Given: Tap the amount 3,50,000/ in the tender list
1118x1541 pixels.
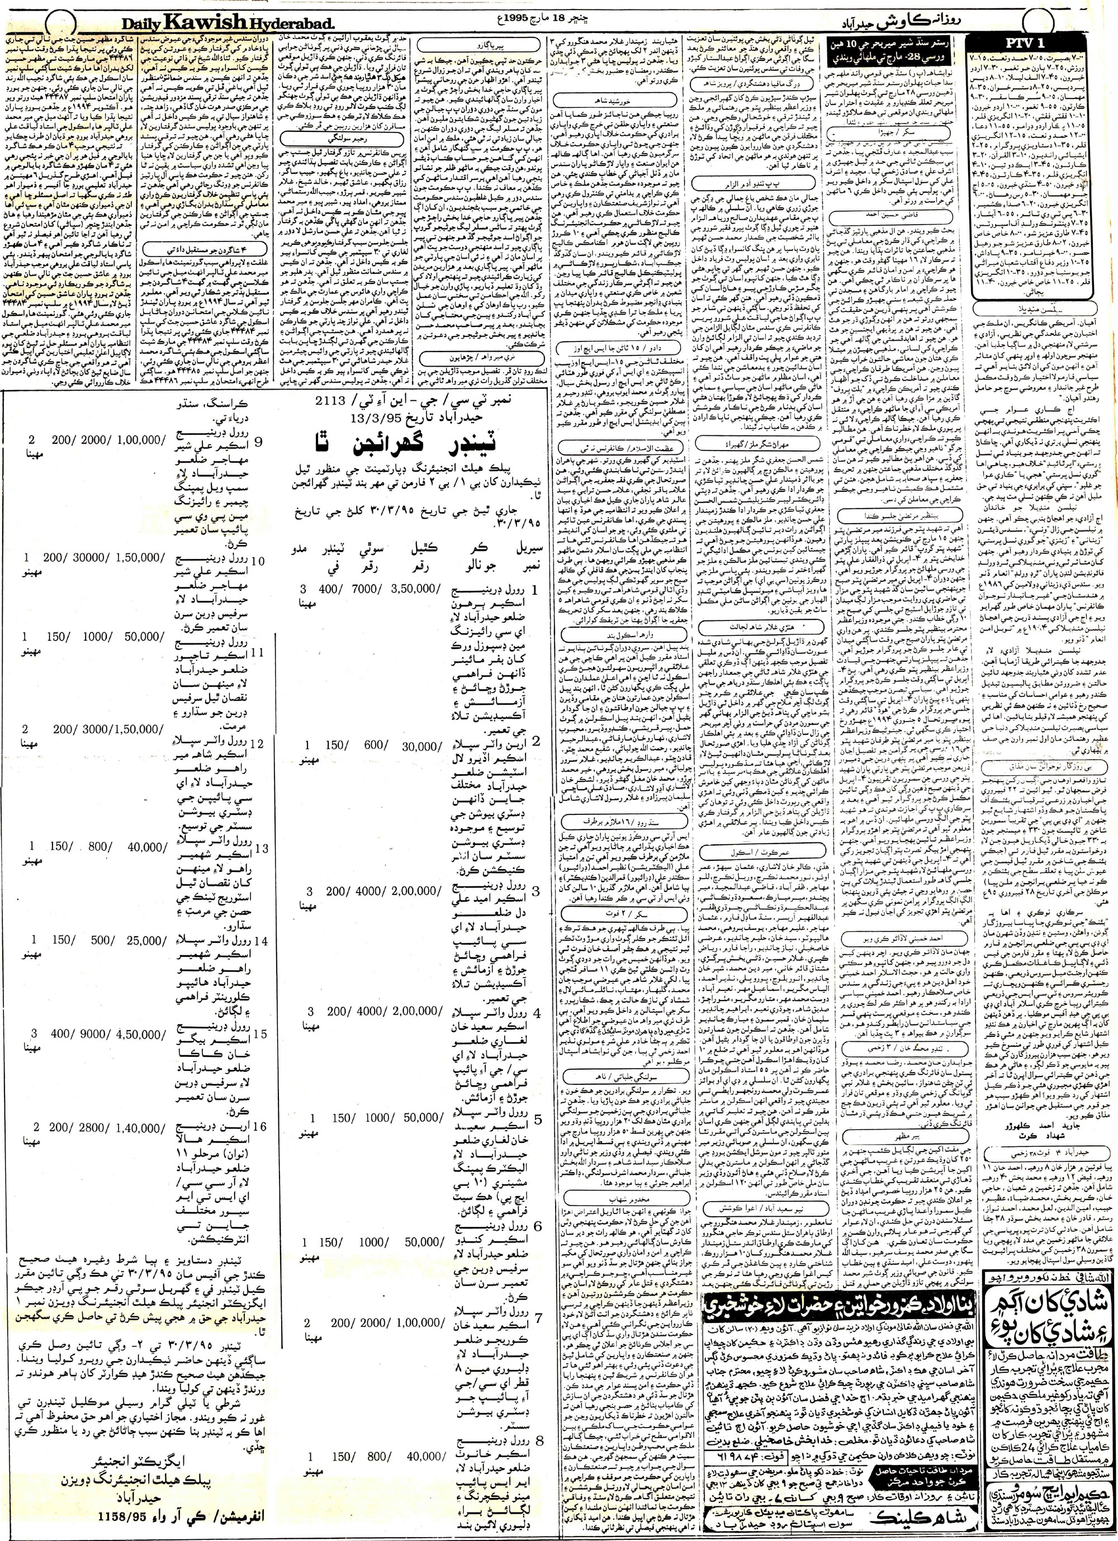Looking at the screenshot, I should tap(410, 590).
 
